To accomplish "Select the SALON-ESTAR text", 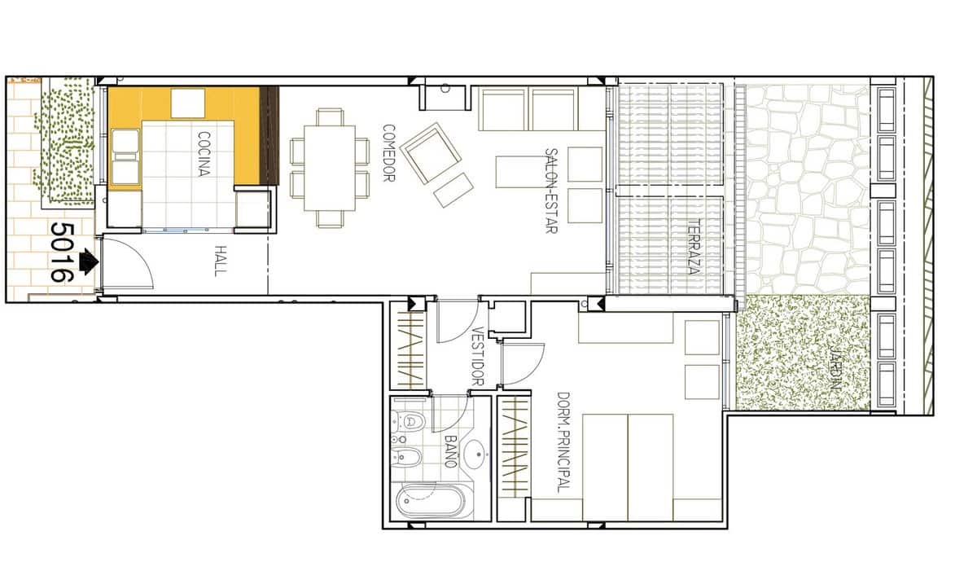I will click(x=551, y=191).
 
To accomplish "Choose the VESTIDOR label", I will click(x=478, y=356).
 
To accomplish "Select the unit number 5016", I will click(x=62, y=252).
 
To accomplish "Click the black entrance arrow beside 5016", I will click(x=88, y=261).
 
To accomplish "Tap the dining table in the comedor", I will click(x=330, y=168).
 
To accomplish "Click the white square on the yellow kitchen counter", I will click(x=187, y=103).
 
